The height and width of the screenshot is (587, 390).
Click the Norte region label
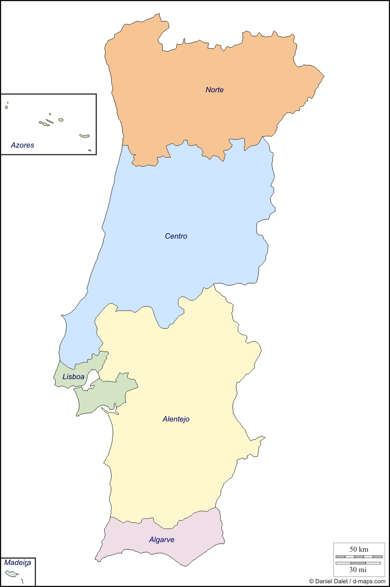tap(214, 90)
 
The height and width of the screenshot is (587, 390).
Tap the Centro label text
tap(176, 236)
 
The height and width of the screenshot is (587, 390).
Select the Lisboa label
tap(73, 377)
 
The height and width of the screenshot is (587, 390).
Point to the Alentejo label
tap(176, 419)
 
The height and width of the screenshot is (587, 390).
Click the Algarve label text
tap(161, 540)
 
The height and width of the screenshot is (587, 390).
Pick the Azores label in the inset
tap(22, 145)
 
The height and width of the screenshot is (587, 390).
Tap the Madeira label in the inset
tap(17, 562)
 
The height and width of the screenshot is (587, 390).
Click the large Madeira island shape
tap(11, 574)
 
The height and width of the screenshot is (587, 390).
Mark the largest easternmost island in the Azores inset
tap(85, 136)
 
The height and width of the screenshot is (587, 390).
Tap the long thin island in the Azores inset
tap(49, 121)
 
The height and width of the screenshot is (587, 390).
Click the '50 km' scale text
tap(359, 549)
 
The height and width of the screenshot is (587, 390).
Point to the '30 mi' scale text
tap(358, 570)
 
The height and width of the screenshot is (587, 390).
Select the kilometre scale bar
tap(359, 557)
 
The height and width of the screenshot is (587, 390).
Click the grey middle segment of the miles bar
tap(358, 563)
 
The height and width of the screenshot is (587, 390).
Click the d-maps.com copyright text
tap(347, 581)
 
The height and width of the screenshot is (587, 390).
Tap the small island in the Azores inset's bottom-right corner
tap(90, 150)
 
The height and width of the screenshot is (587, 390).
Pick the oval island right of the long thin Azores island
tap(61, 120)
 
